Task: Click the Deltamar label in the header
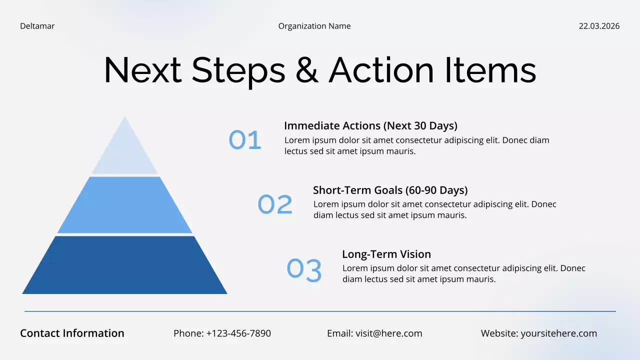click(x=37, y=26)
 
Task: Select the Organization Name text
click(x=314, y=26)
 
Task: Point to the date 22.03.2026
click(x=599, y=26)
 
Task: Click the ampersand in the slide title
click(x=306, y=70)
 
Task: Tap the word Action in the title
click(x=381, y=70)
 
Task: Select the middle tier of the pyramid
click(x=124, y=205)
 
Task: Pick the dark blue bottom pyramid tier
click(x=124, y=265)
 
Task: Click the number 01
click(x=245, y=140)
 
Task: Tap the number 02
click(x=275, y=204)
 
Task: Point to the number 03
click(x=304, y=269)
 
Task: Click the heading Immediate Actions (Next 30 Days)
click(x=370, y=125)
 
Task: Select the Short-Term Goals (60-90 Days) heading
click(x=390, y=190)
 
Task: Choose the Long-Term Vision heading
click(x=386, y=254)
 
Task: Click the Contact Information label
click(x=72, y=333)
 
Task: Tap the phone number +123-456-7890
click(x=238, y=333)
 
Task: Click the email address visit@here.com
click(x=388, y=333)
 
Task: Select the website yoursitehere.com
click(x=558, y=333)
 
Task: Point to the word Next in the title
click(x=142, y=70)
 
